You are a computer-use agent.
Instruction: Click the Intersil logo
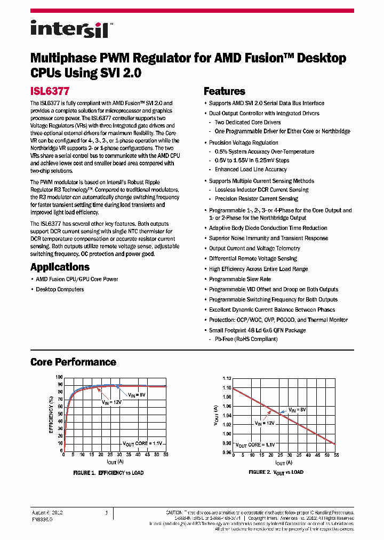69,28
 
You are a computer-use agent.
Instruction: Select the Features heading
224,91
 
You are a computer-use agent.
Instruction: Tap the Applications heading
60,267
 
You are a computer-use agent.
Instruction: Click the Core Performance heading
73,362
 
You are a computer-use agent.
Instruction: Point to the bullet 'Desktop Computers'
59,289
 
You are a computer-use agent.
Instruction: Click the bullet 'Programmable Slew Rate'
239,279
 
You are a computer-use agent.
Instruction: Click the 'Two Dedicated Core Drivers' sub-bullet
247,122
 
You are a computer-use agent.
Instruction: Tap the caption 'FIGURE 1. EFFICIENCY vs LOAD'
108,473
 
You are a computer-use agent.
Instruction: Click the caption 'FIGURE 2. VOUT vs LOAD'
276,472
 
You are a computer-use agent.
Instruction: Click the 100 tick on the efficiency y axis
59,377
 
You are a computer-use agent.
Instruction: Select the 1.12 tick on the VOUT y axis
227,377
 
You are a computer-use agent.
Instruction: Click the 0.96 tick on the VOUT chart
227,452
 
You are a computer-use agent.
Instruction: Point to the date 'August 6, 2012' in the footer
47,512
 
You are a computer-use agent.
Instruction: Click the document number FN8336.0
42,518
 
